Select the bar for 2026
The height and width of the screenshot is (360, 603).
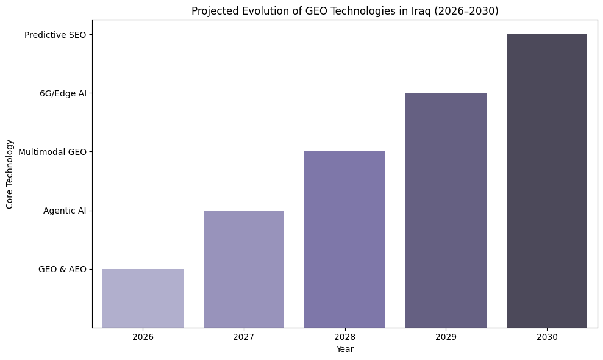143,298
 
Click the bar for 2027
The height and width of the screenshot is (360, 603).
244,269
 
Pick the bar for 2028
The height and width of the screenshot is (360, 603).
344,239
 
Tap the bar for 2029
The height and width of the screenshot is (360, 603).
446,210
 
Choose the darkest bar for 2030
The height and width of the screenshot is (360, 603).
547,181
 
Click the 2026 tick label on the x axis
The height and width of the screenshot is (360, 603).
143,337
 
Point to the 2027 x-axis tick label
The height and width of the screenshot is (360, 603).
244,337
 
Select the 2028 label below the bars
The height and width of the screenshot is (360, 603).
344,337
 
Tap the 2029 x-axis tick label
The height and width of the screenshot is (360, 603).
446,337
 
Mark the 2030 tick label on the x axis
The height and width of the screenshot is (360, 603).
547,337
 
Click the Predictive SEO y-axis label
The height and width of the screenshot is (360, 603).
55,35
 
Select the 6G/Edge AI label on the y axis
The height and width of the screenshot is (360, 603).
62,93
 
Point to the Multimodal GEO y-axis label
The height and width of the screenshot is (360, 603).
52,152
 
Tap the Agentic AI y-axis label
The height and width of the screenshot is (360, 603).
65,211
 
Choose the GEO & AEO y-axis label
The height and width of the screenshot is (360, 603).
62,269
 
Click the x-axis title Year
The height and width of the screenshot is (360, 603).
344,350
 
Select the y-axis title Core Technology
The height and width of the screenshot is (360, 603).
10,174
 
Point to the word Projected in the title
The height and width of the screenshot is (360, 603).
212,11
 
